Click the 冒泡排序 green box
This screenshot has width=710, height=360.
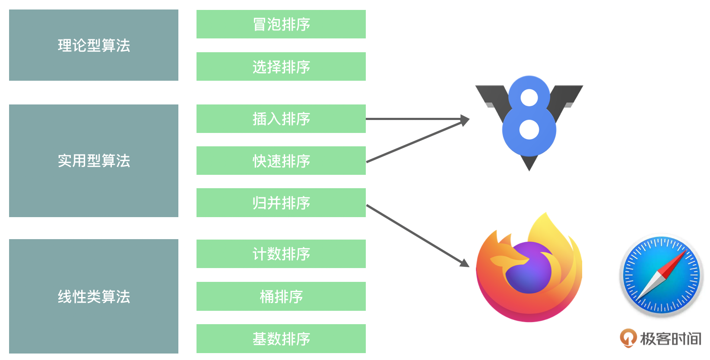(x=281, y=24)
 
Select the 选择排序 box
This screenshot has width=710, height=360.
(x=281, y=66)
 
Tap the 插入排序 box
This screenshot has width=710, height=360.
(x=281, y=119)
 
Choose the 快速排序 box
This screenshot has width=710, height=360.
(x=281, y=161)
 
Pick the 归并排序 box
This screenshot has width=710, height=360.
(x=281, y=202)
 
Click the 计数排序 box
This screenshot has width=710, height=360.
(x=281, y=254)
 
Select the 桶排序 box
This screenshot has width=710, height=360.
(x=281, y=296)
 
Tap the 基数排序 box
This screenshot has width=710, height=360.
(x=281, y=338)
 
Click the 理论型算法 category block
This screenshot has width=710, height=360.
(x=94, y=45)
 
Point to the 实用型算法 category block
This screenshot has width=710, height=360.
(x=94, y=161)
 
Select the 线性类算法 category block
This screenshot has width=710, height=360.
(x=94, y=296)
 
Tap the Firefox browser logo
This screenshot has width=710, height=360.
(x=529, y=270)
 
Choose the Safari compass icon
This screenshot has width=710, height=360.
(x=661, y=275)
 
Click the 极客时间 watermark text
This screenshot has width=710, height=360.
(x=670, y=339)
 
